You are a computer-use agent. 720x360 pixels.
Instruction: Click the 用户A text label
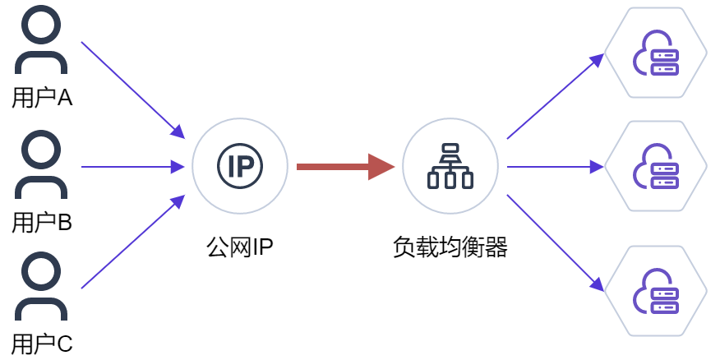[x=42, y=98]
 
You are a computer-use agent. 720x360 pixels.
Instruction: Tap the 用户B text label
[x=42, y=224]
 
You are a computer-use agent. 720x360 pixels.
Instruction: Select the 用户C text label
[x=42, y=344]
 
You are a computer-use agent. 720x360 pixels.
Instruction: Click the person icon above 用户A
[x=41, y=39]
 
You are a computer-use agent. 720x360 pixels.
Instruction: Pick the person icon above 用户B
[x=41, y=164]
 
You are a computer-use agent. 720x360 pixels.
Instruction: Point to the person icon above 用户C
[x=41, y=285]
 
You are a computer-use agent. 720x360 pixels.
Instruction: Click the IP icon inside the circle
[x=240, y=166]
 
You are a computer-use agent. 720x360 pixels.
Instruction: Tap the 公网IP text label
[x=240, y=248]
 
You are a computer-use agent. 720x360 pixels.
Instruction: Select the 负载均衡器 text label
[x=450, y=248]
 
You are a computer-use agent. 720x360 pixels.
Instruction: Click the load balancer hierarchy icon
[x=450, y=166]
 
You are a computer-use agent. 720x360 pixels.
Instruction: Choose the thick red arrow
[x=346, y=167]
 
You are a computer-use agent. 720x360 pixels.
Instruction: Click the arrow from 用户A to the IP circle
[x=133, y=90]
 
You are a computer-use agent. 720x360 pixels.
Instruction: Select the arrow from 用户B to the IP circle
[x=133, y=167]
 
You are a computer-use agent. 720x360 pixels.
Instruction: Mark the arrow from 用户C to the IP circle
[x=133, y=242]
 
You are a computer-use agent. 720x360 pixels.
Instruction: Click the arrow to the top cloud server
[x=556, y=96]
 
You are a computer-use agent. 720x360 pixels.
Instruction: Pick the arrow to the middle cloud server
[x=556, y=167]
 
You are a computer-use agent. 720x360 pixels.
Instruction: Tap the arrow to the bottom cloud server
[x=556, y=243]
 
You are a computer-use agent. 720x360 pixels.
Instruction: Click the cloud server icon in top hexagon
[x=656, y=53]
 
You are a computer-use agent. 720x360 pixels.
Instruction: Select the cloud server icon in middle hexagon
[x=656, y=166]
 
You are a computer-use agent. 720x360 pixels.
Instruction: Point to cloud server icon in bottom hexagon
[x=656, y=291]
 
